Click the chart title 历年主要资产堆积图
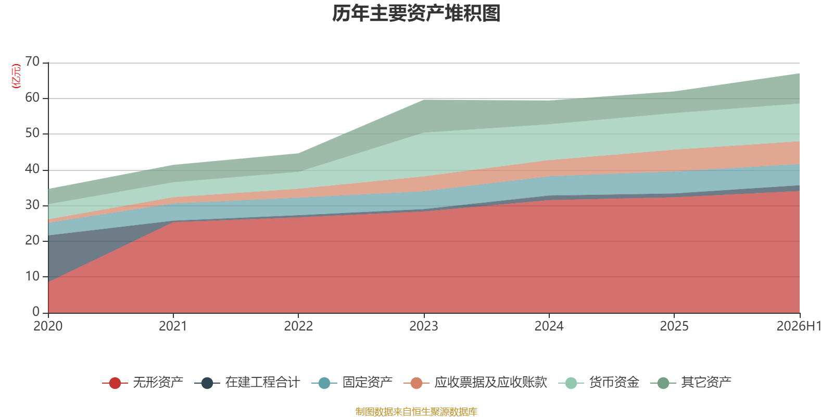point(416,14)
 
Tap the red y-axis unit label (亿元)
point(16,76)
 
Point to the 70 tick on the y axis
point(32,62)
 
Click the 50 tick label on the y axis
point(32,133)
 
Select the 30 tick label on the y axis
point(32,205)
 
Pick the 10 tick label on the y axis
point(32,276)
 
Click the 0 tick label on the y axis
point(36,311)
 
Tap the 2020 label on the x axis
point(48,326)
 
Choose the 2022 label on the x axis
point(299,326)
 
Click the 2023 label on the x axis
point(424,326)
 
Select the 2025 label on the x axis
point(674,326)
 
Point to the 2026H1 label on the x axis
point(799,326)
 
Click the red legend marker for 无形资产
point(115,383)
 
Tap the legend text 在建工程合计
point(262,383)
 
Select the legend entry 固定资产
point(352,383)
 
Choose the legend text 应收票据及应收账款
point(491,383)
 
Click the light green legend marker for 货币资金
point(571,383)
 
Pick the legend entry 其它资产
point(690,383)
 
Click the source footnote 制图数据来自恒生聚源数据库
point(416,411)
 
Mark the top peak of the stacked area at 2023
point(424,100)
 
